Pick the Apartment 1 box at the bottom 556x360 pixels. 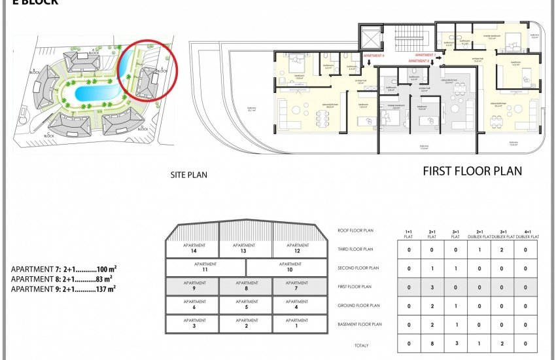click(x=300, y=323)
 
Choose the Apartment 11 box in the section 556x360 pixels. click(x=205, y=267)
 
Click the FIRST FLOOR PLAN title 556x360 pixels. click(x=472, y=171)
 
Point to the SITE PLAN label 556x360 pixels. click(x=188, y=175)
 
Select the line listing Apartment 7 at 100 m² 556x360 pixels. click(x=63, y=269)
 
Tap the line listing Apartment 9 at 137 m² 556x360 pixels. click(x=63, y=288)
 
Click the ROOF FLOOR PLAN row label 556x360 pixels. click(x=356, y=230)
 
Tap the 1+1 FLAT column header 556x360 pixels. click(x=409, y=234)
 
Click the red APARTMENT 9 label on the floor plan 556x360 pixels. click(x=374, y=56)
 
